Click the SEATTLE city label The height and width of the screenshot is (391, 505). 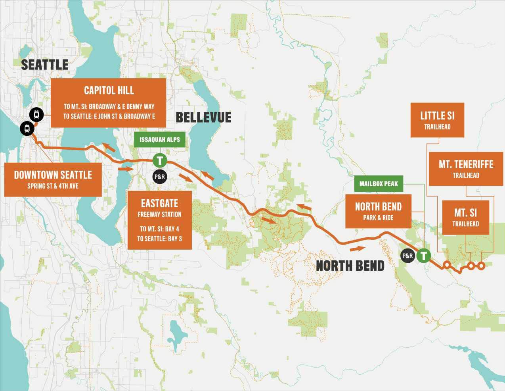pos(44,64)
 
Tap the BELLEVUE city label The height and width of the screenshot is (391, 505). pos(203,117)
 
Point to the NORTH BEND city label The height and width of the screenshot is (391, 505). pos(350,266)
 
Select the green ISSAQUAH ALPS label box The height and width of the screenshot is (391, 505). pos(160,140)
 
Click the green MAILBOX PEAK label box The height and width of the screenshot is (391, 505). pos(379,183)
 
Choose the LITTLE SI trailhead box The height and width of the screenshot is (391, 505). pos(437,120)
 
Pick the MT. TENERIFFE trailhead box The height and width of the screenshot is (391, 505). pos(466,168)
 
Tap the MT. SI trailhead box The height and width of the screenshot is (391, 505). pos(465,217)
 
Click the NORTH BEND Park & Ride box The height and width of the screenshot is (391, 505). pos(378,211)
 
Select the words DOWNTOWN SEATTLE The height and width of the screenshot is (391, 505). pos(53,175)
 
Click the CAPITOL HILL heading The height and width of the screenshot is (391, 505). pos(109,91)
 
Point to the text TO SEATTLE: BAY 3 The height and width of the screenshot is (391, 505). pos(159,239)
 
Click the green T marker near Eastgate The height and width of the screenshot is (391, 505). pos(160,160)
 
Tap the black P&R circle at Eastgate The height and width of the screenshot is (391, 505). pos(159,176)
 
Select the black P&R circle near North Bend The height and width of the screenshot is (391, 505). pos(407,256)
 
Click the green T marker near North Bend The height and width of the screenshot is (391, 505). pos(424,256)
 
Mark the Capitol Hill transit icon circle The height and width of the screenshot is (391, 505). pos(36,115)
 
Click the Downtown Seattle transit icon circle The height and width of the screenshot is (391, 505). pos(27,128)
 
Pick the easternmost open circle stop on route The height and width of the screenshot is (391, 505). pos(481,266)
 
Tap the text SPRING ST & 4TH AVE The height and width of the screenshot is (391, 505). pos(53,186)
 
